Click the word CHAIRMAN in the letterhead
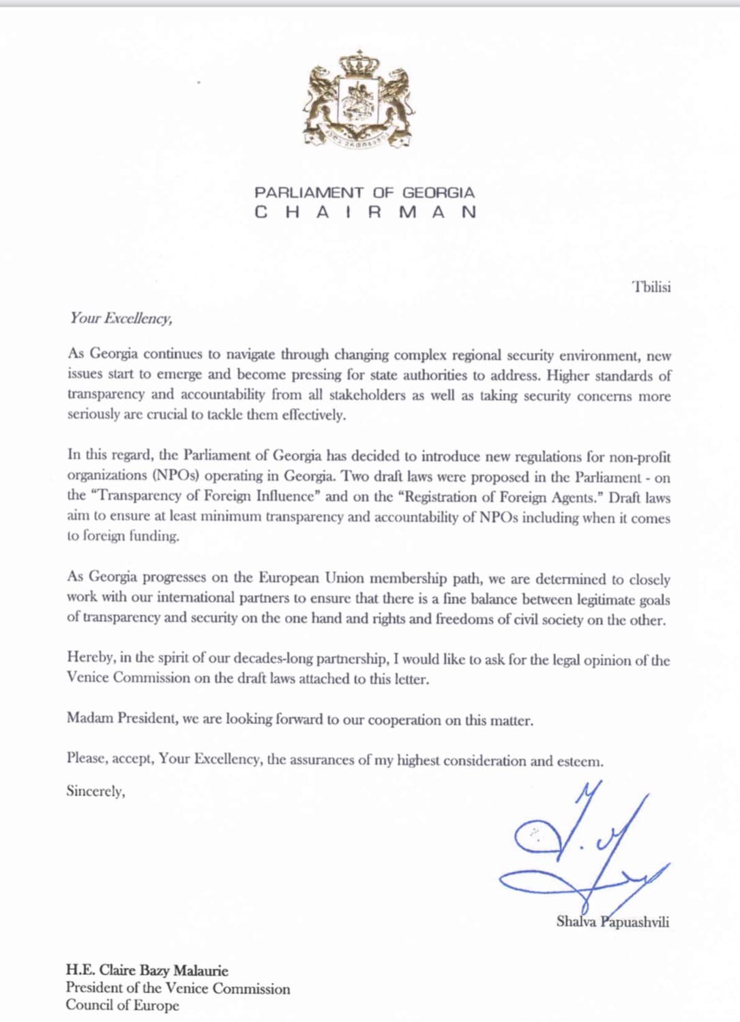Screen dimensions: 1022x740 (365, 212)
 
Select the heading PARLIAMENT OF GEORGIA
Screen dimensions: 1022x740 (364, 193)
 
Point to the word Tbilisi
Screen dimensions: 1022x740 (651, 287)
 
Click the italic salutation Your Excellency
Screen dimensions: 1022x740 (121, 318)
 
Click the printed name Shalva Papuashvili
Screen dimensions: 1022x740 (612, 922)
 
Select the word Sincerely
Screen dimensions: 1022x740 (95, 791)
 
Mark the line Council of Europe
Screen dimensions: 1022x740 (122, 1005)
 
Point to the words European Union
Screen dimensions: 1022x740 (311, 578)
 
